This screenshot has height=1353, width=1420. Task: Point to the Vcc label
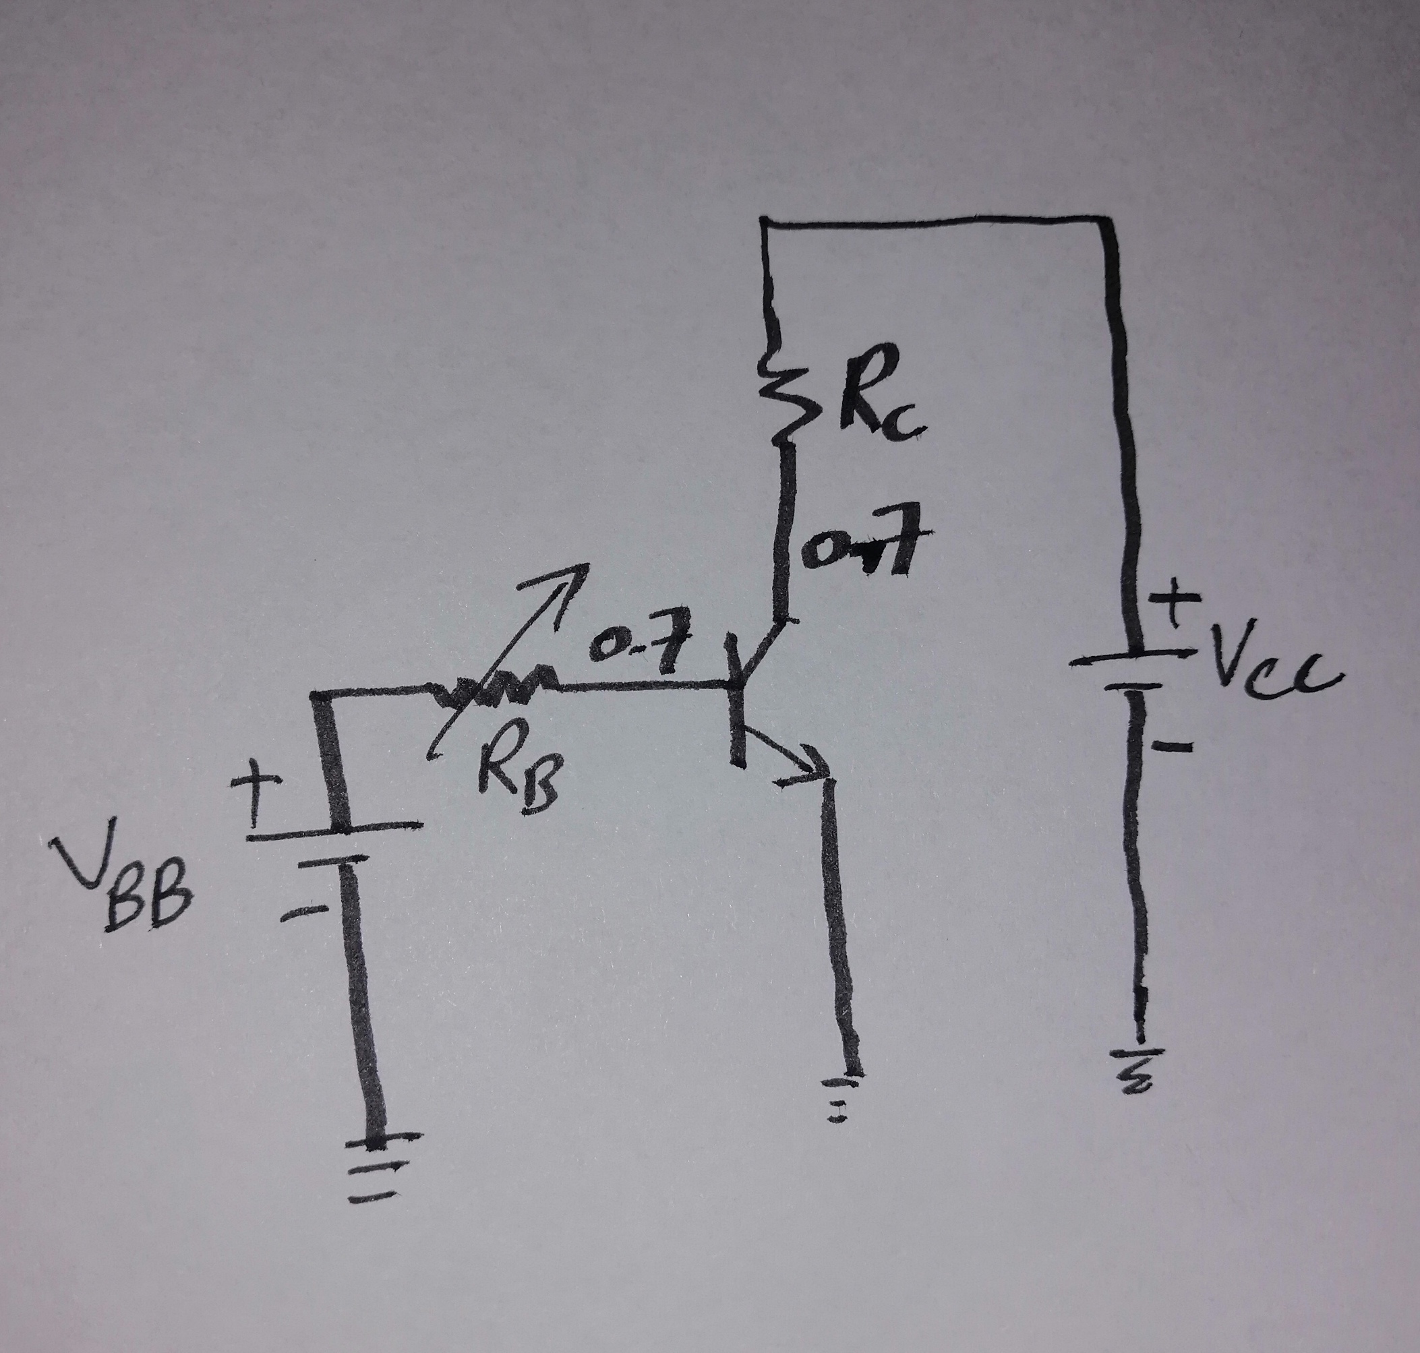pos(1273,667)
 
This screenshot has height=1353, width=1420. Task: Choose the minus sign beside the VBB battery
pos(303,912)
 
